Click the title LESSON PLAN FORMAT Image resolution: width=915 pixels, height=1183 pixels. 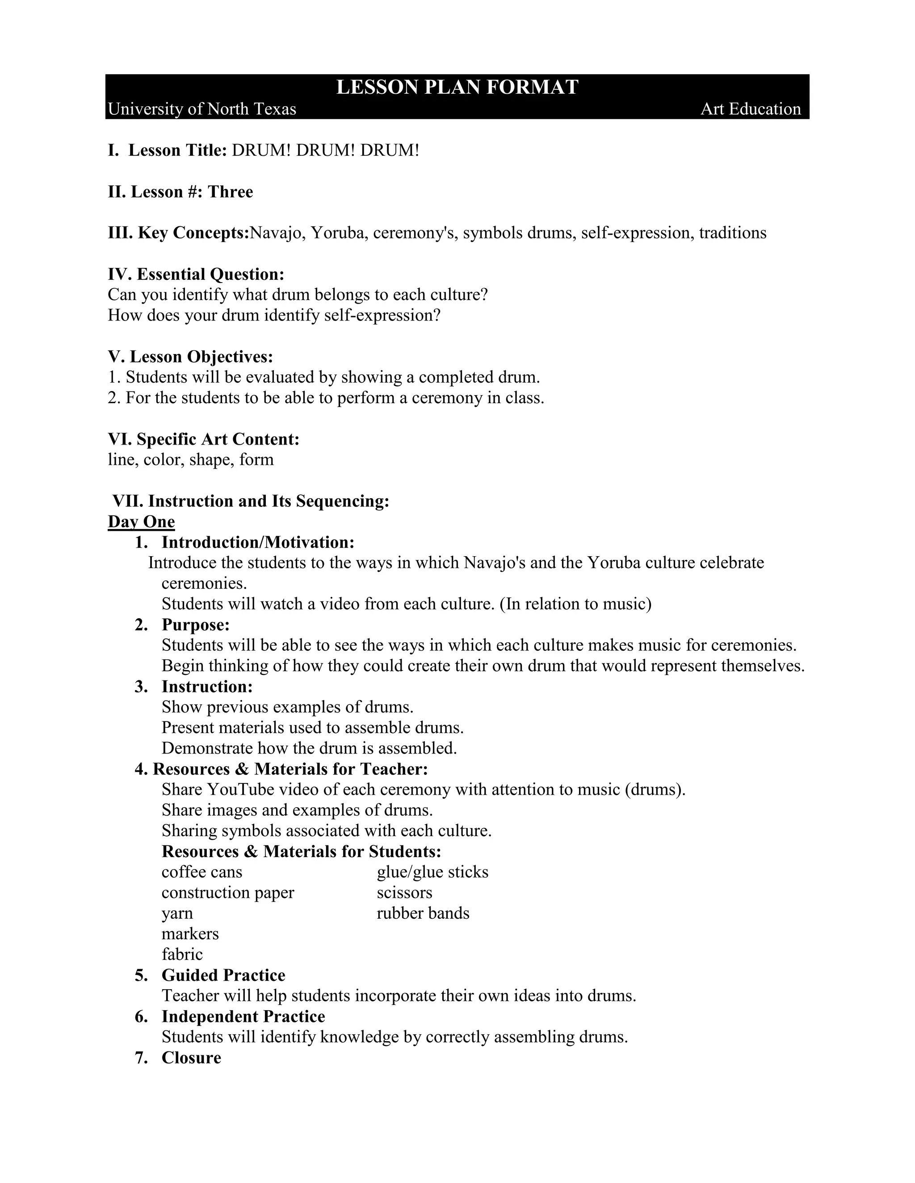pos(457,87)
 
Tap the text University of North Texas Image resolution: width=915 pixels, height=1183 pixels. pos(201,109)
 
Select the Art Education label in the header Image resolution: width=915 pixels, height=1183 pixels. pos(750,109)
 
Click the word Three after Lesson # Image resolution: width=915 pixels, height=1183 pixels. pos(231,192)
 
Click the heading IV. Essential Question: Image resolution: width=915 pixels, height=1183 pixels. pos(196,274)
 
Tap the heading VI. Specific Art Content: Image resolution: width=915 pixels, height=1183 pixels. pos(203,439)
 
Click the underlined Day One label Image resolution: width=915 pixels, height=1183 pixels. pos(141,521)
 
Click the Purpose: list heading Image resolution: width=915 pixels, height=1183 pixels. pos(196,625)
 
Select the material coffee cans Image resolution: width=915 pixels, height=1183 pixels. pos(201,872)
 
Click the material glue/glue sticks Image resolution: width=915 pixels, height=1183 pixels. pos(432,872)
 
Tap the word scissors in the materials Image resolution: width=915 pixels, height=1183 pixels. pos(404,893)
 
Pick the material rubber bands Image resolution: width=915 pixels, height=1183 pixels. pos(423,913)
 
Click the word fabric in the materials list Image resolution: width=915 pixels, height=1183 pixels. pos(182,954)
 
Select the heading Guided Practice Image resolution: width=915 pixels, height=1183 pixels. pos(223,975)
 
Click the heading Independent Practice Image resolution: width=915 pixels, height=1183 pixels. pos(243,1016)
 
